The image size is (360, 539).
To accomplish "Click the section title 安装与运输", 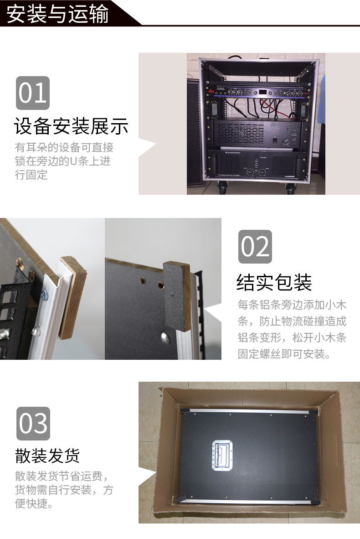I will pos(58,14).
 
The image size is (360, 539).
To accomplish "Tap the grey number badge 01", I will pos(32,93).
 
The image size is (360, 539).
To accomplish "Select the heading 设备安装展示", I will pos(71,126).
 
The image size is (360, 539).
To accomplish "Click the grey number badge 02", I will pos(255,246).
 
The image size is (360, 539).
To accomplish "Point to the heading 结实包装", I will pos(274,282).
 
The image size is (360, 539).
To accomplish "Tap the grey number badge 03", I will pos(33,424).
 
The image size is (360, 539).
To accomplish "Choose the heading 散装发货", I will pos(47,455).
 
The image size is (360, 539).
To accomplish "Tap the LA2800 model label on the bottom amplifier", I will pos(289,176).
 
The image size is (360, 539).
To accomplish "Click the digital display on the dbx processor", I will pos(263,92).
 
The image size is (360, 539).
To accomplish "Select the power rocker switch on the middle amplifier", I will pos(275,141).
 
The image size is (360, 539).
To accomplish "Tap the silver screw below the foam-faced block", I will pos(164,337).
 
